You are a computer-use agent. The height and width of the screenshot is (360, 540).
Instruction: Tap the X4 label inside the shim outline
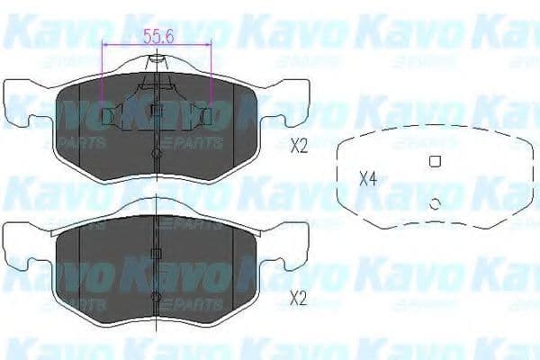pos(367,178)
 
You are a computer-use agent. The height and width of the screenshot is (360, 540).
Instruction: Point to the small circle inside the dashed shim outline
pos(435,204)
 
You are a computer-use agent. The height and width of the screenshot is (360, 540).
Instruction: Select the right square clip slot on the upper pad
pos(206,115)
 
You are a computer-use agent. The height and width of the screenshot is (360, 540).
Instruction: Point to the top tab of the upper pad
pos(157,61)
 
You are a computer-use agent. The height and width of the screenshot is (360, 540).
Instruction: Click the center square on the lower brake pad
pos(157,255)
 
